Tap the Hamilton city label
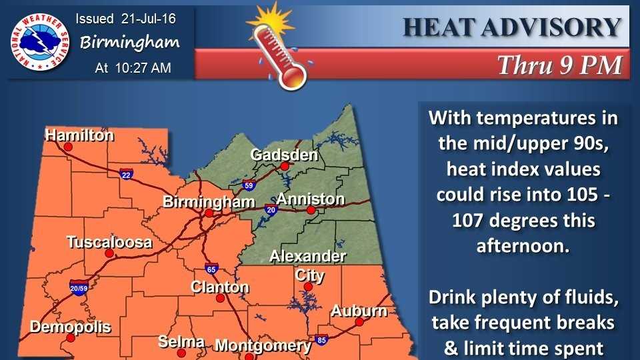coord(79,135)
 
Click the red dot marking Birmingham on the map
coord(209,214)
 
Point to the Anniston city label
coord(310,199)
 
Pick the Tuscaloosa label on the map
coord(109,242)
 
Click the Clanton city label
coord(219,287)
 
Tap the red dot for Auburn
coord(359,321)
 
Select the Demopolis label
coord(70,327)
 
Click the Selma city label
coord(181,341)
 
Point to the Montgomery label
coord(263,345)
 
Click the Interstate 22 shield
coord(126,175)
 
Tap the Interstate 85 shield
coord(322,340)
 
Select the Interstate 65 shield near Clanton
coord(211,269)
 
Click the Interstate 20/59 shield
coord(79,287)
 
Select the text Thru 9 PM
coord(559,65)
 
